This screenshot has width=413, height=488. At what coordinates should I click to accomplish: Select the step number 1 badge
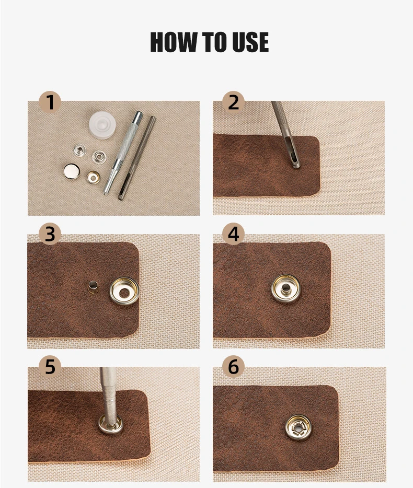[50, 102]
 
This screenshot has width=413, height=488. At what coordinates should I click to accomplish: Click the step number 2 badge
[233, 102]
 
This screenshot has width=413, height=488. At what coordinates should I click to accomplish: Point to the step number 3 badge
[50, 234]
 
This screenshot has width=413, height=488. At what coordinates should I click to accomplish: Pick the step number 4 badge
[233, 234]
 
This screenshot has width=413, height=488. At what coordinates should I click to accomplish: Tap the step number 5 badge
[50, 366]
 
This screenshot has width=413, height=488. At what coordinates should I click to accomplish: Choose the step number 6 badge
[233, 366]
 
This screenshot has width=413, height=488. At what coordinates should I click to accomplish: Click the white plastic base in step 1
[102, 124]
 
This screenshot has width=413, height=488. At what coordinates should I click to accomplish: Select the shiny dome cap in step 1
[72, 171]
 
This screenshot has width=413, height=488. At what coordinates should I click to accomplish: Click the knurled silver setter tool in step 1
[123, 153]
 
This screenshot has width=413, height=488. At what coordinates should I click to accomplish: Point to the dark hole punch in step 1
[136, 158]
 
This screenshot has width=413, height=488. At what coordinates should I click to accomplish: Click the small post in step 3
[92, 287]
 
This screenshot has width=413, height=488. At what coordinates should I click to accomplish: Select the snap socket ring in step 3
[124, 292]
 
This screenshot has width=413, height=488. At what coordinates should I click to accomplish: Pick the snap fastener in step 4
[286, 289]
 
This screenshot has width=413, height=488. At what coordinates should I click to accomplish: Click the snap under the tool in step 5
[111, 424]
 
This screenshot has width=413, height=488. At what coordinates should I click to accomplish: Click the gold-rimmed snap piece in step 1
[93, 178]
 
